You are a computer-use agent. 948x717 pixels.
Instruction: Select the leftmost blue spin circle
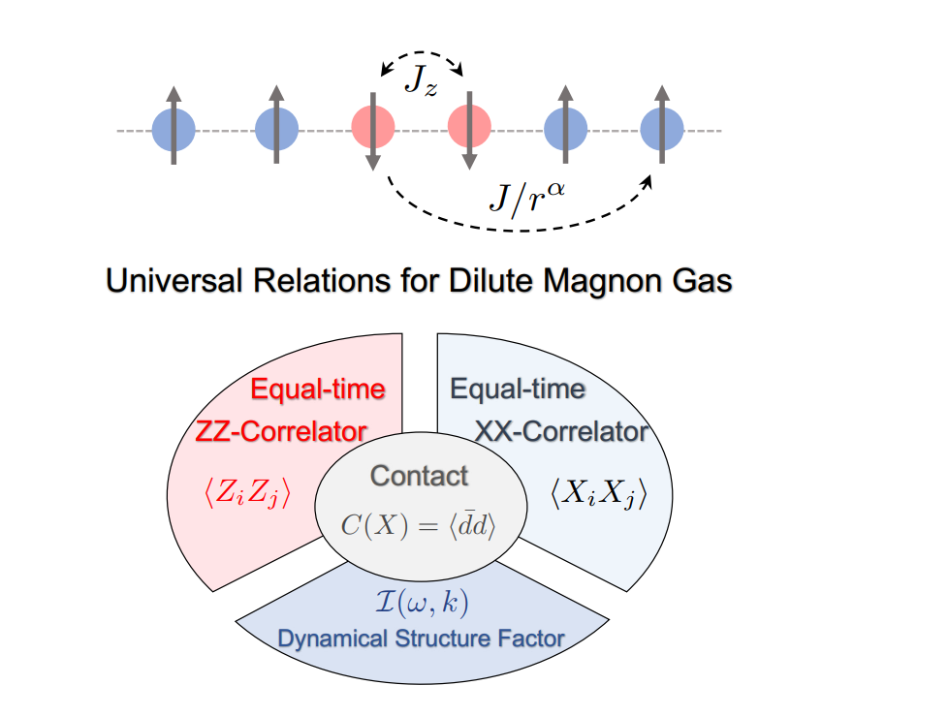174,129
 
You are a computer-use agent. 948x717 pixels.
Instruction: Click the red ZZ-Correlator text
282,431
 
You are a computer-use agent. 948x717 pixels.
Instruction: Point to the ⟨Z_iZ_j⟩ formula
246,494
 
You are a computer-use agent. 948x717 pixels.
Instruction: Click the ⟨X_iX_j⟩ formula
597,494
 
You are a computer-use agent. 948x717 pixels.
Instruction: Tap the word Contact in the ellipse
419,476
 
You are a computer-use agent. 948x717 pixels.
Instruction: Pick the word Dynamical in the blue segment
331,639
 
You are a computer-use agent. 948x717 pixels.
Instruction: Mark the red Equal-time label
318,390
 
